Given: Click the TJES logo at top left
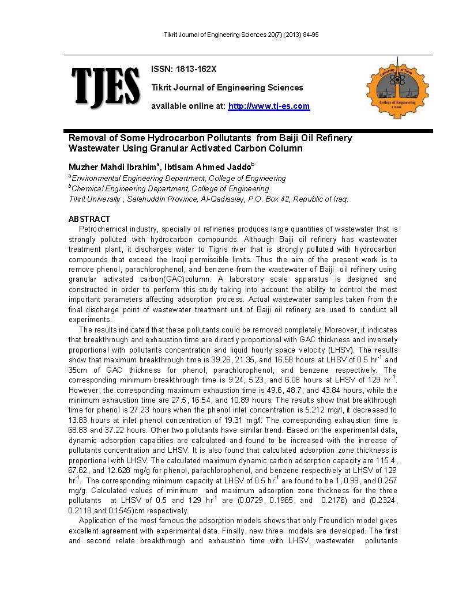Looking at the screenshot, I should point(106,86).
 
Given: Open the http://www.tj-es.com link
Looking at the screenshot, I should point(269,106).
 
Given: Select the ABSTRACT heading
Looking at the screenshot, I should point(89,219).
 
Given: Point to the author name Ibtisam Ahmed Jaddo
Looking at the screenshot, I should point(207,166).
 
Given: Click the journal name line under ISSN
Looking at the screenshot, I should point(227,88).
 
